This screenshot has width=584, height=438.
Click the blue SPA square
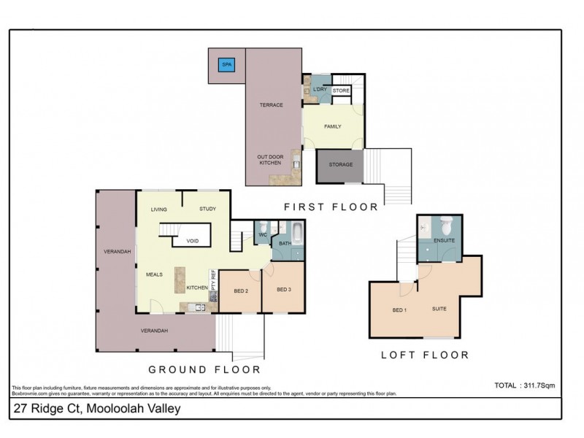(x=226, y=64)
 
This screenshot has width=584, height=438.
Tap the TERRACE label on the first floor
(x=271, y=105)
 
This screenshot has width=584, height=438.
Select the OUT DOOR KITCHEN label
(x=269, y=159)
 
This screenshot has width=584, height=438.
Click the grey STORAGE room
(x=340, y=166)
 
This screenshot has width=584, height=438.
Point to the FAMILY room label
(x=332, y=126)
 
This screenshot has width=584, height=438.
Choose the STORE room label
(x=342, y=91)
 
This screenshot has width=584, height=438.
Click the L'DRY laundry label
(x=319, y=89)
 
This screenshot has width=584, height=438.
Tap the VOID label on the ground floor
(x=193, y=240)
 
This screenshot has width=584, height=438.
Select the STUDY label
(x=207, y=210)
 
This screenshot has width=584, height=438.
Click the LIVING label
(x=159, y=210)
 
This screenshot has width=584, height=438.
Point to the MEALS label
(x=154, y=274)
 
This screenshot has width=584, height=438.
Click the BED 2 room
(x=241, y=291)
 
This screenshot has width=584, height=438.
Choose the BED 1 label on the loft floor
(x=399, y=310)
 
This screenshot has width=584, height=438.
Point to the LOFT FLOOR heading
(x=424, y=356)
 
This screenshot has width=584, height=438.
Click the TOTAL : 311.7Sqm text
(x=526, y=384)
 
